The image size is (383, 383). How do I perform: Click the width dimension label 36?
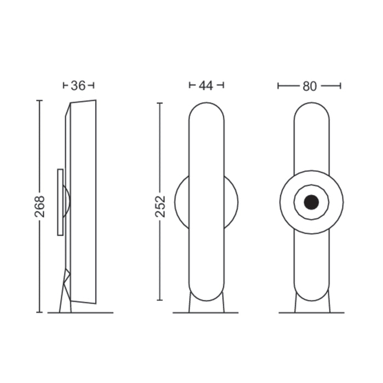coord(79,85)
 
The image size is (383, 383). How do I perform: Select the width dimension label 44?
coord(206,85)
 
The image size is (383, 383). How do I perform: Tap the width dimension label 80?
coord(309,86)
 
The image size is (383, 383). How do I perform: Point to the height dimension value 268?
coord(40,206)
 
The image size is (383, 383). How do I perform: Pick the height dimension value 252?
coord(160,206)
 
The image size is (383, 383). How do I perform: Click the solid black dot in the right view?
coord(311,202)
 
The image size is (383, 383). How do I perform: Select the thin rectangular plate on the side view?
coord(60,202)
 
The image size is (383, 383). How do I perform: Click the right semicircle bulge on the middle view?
coord(231,202)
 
